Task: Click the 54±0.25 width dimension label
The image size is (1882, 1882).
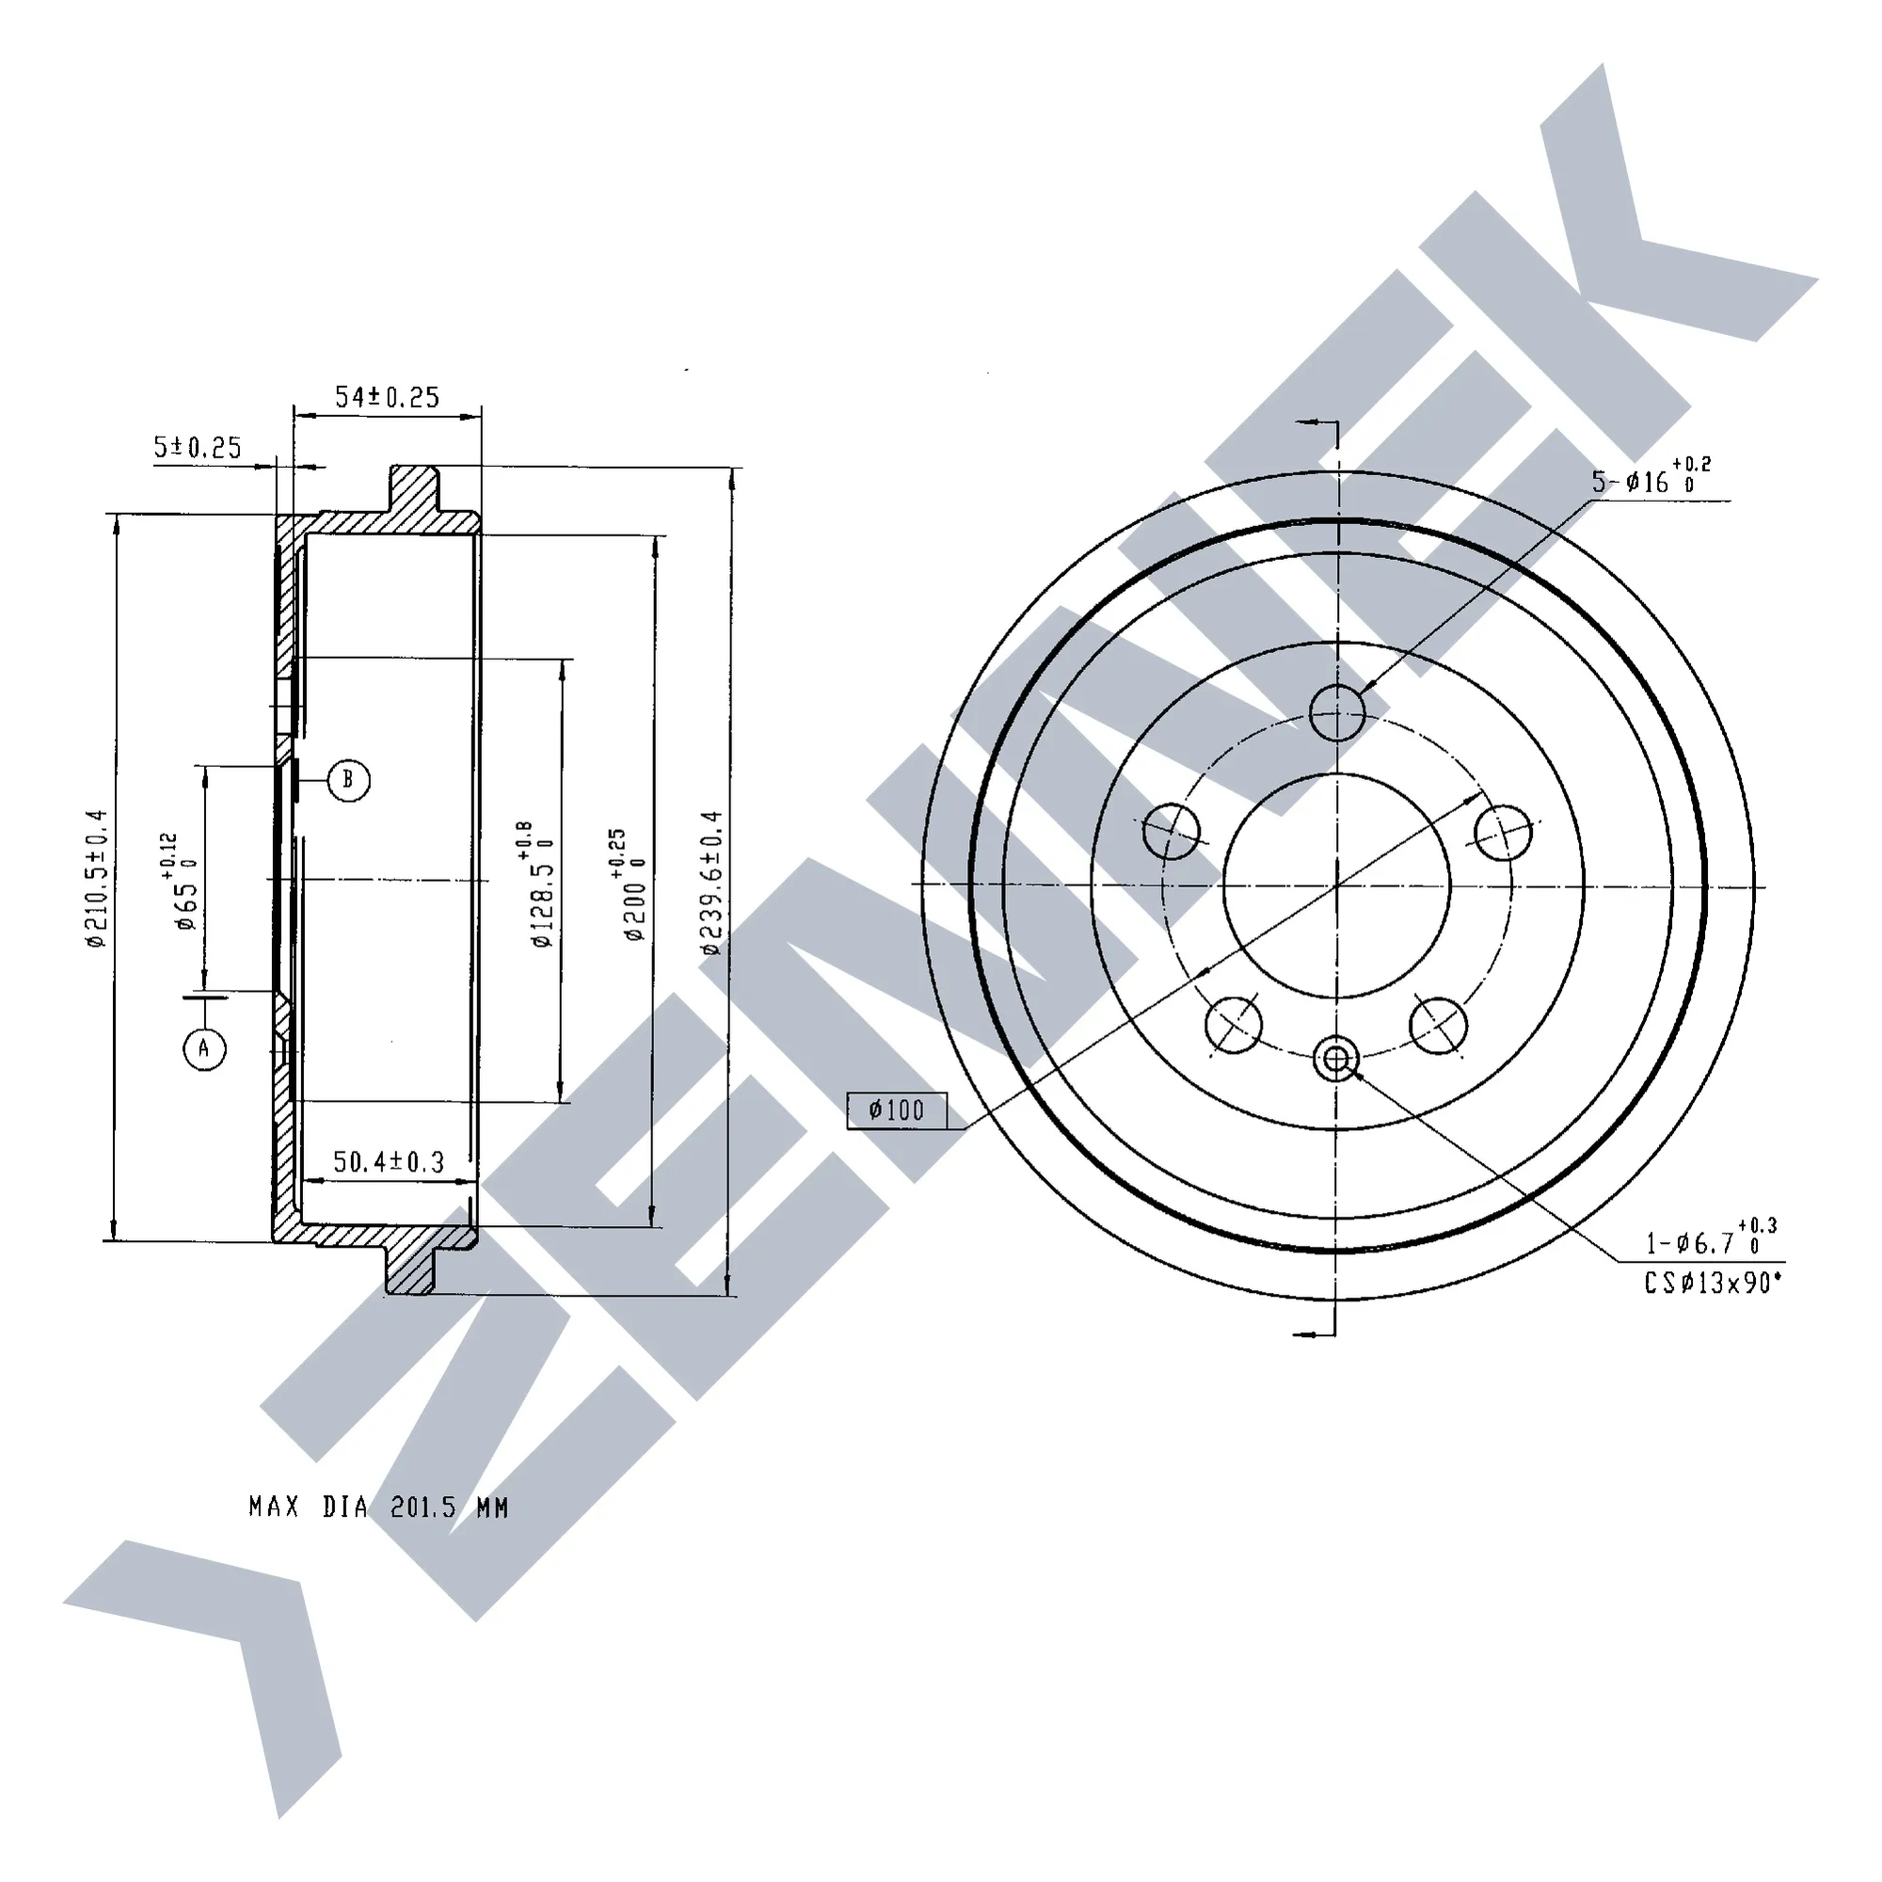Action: (387, 397)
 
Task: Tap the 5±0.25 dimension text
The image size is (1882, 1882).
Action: (197, 447)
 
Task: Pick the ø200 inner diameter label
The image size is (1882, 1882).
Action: (629, 885)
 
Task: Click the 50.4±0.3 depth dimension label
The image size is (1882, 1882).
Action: (389, 1162)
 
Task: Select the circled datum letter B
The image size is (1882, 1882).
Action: (348, 780)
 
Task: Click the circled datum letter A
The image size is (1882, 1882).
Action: (203, 1048)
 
